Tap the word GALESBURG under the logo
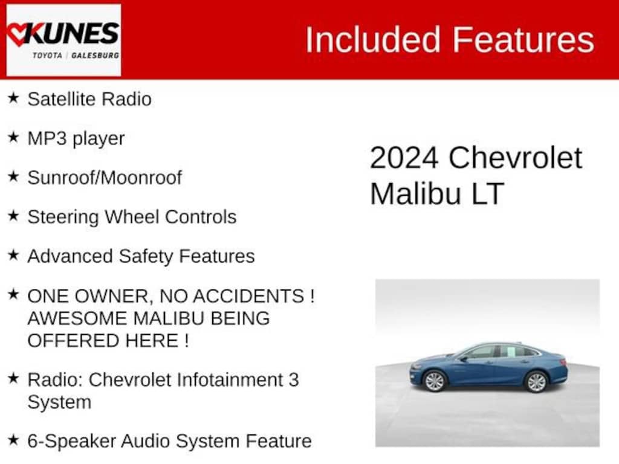pos(95,55)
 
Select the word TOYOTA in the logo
pos(47,55)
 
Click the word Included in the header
pos(372,39)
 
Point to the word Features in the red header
pos(523,39)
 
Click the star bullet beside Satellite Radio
pos(13,97)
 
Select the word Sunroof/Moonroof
pos(105,178)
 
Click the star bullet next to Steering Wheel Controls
pos(13,216)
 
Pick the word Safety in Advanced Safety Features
pos(146,256)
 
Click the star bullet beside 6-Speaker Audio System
pos(13,439)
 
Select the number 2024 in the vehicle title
pos(404,158)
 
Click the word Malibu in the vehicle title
pos(415,194)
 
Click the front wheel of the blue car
pos(435,381)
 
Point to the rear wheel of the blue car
pos(537,382)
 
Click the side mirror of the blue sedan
pos(464,359)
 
